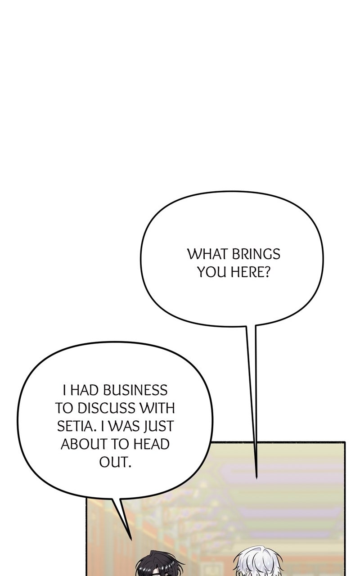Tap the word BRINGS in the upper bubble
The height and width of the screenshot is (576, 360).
click(256, 254)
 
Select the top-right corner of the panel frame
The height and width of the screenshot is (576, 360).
click(345, 442)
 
